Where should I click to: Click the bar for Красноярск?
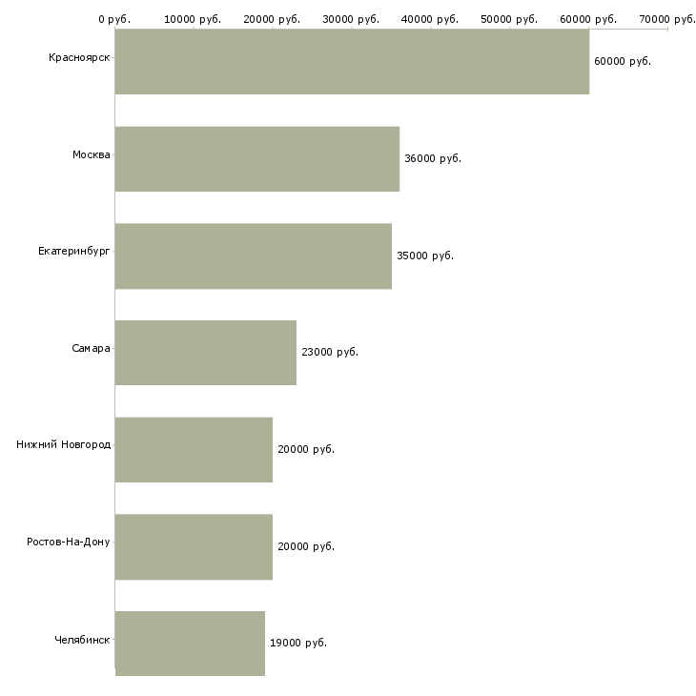click(x=352, y=62)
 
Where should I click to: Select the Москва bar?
click(x=257, y=159)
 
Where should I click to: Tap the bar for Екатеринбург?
click(x=254, y=256)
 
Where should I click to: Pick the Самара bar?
click(x=206, y=353)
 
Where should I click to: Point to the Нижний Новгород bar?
click(x=194, y=450)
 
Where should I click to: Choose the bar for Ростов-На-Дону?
click(x=194, y=547)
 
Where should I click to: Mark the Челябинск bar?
click(x=190, y=644)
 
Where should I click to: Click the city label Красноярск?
click(x=79, y=58)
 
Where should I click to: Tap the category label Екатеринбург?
click(x=73, y=252)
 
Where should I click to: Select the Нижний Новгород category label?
click(x=64, y=444)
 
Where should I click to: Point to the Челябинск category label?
click(x=82, y=640)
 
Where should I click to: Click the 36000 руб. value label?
click(x=433, y=158)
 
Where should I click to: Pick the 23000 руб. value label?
click(x=330, y=352)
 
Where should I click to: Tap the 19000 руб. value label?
click(x=298, y=643)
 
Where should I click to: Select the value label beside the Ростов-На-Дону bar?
click(x=306, y=546)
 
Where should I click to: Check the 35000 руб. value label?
click(x=425, y=256)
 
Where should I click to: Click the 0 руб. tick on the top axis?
click(x=114, y=19)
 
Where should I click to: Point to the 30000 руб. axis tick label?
click(x=351, y=19)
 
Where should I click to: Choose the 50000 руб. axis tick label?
click(x=509, y=19)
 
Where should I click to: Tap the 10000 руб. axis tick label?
click(x=193, y=19)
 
